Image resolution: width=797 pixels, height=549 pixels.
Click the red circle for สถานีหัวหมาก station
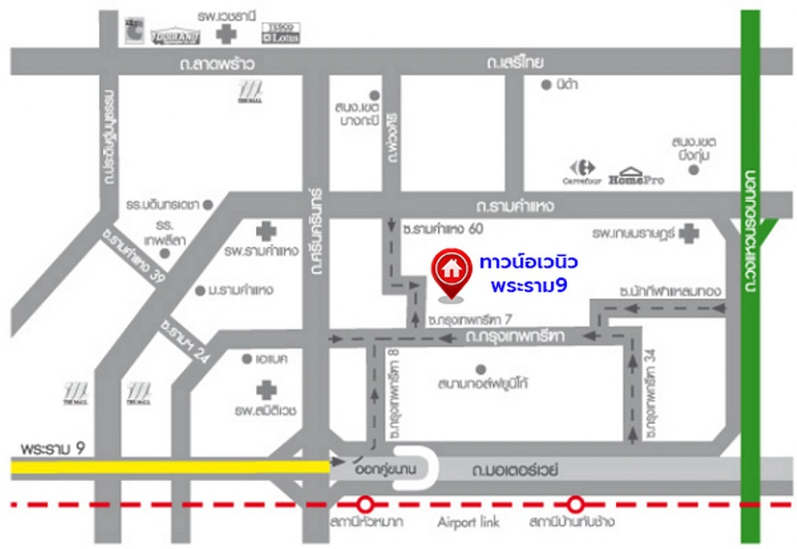pos(366,504)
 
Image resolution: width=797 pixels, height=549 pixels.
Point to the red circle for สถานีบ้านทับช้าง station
pos(575,504)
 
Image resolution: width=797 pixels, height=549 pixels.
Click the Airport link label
pos(469,522)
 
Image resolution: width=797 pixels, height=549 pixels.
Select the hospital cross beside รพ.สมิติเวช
pos(266,391)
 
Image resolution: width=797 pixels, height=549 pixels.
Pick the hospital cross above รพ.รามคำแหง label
pos(265,232)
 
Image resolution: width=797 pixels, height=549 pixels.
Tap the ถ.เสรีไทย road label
pos(516,65)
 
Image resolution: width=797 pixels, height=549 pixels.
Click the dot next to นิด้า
pos(546,85)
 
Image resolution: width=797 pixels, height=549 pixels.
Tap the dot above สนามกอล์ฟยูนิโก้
pos(480,369)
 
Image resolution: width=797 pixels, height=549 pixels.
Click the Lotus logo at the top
pos(280,33)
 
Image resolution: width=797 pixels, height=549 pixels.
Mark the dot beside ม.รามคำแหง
pos(200,290)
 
